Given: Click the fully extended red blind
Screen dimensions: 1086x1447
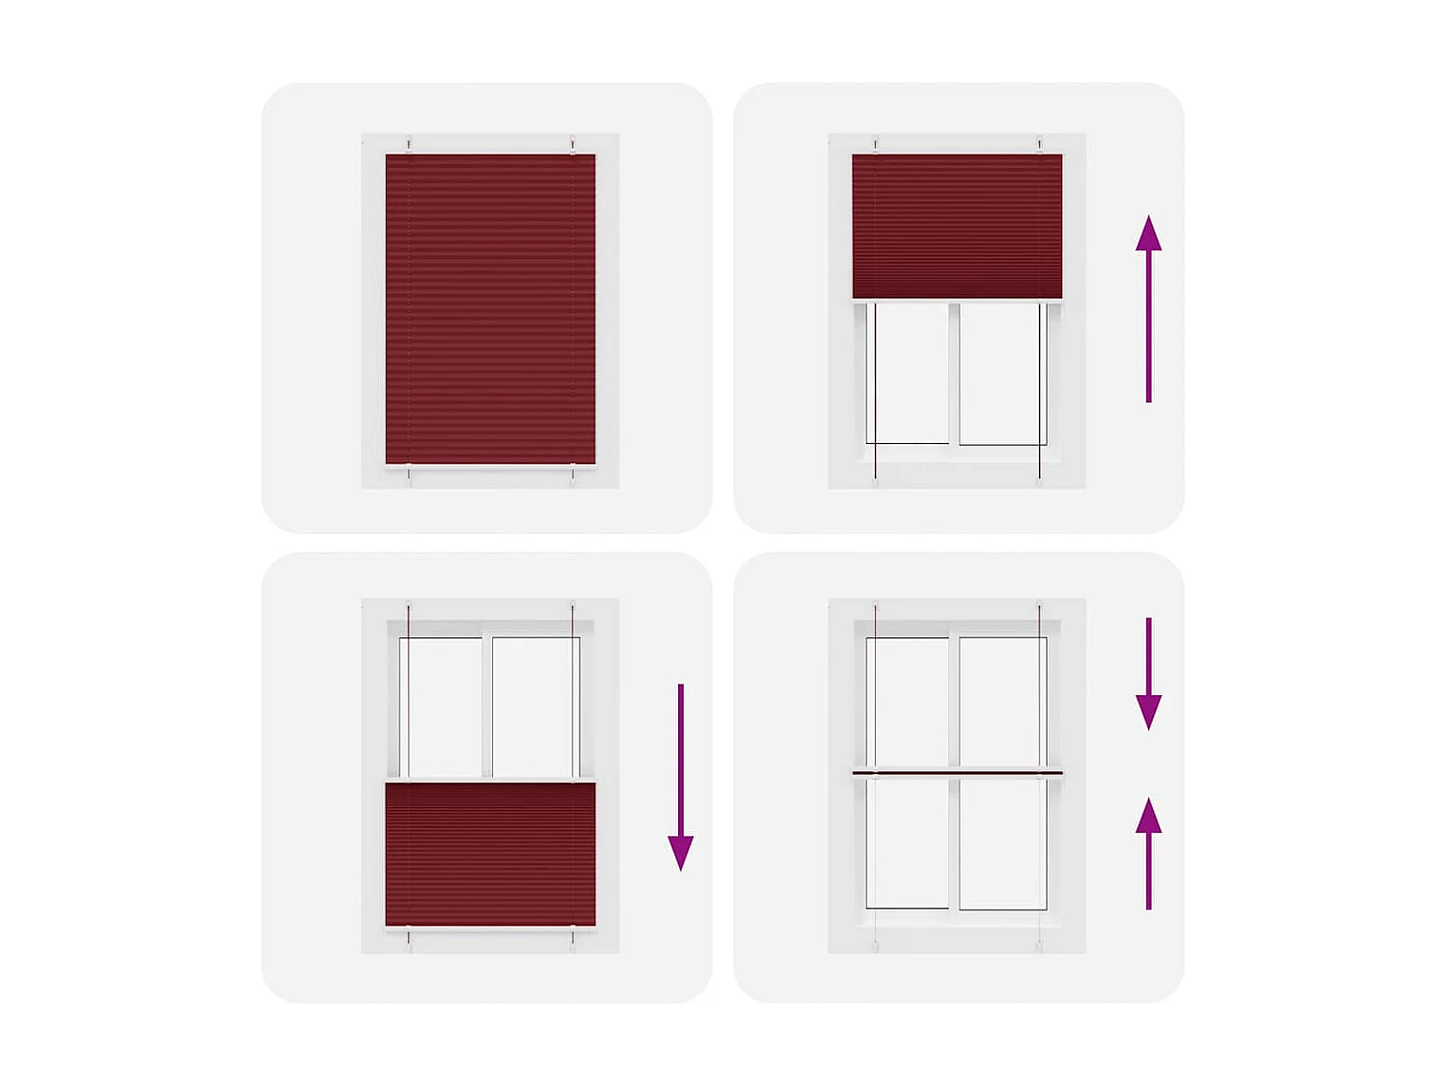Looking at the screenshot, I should click(x=490, y=309).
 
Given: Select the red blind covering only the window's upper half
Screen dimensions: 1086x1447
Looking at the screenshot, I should click(x=956, y=226).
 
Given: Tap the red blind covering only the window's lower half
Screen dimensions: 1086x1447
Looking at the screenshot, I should click(x=490, y=854).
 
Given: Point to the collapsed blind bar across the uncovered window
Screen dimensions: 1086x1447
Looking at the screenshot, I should click(x=957, y=771).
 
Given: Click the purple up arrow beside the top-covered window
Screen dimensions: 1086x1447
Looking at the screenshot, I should click(x=1148, y=309).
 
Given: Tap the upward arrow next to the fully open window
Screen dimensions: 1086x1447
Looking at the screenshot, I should click(x=1148, y=853).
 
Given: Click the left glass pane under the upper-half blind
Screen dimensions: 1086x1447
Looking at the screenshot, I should click(x=908, y=374).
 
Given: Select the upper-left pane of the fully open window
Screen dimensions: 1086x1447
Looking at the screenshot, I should click(x=908, y=702).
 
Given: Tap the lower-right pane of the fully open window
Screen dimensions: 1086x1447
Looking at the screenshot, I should click(x=1002, y=843).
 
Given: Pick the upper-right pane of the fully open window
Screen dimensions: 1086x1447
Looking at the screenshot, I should click(x=1002, y=702).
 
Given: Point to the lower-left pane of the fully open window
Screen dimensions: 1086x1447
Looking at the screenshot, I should click(x=908, y=843).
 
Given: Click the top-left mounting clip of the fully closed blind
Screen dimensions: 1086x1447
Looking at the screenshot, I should click(x=409, y=146).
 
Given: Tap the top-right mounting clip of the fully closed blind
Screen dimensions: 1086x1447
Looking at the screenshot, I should click(x=572, y=146).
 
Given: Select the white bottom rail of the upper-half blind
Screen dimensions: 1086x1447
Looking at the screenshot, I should click(x=957, y=302).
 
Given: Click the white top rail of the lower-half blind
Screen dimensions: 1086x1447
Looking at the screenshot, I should click(x=490, y=779).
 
